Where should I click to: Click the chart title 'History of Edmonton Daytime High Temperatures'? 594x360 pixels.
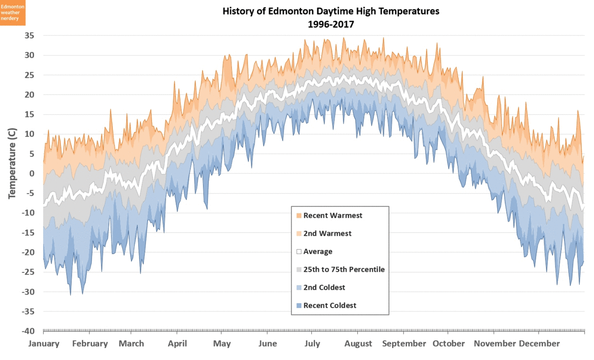point(331,11)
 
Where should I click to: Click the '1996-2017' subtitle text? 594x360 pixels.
point(331,24)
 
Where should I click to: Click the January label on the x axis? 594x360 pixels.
point(44,344)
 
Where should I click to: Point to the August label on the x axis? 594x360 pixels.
point(358,344)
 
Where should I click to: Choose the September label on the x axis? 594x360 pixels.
point(404,344)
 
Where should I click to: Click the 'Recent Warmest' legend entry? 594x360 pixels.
point(333,215)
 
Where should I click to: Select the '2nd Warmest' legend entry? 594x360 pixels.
point(327,233)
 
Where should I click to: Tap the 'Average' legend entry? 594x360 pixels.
point(318,252)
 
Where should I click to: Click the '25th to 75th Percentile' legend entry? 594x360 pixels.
point(344,269)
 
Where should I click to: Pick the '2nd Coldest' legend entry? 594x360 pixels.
point(324,287)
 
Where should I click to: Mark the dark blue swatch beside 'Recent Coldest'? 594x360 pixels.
point(298,306)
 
